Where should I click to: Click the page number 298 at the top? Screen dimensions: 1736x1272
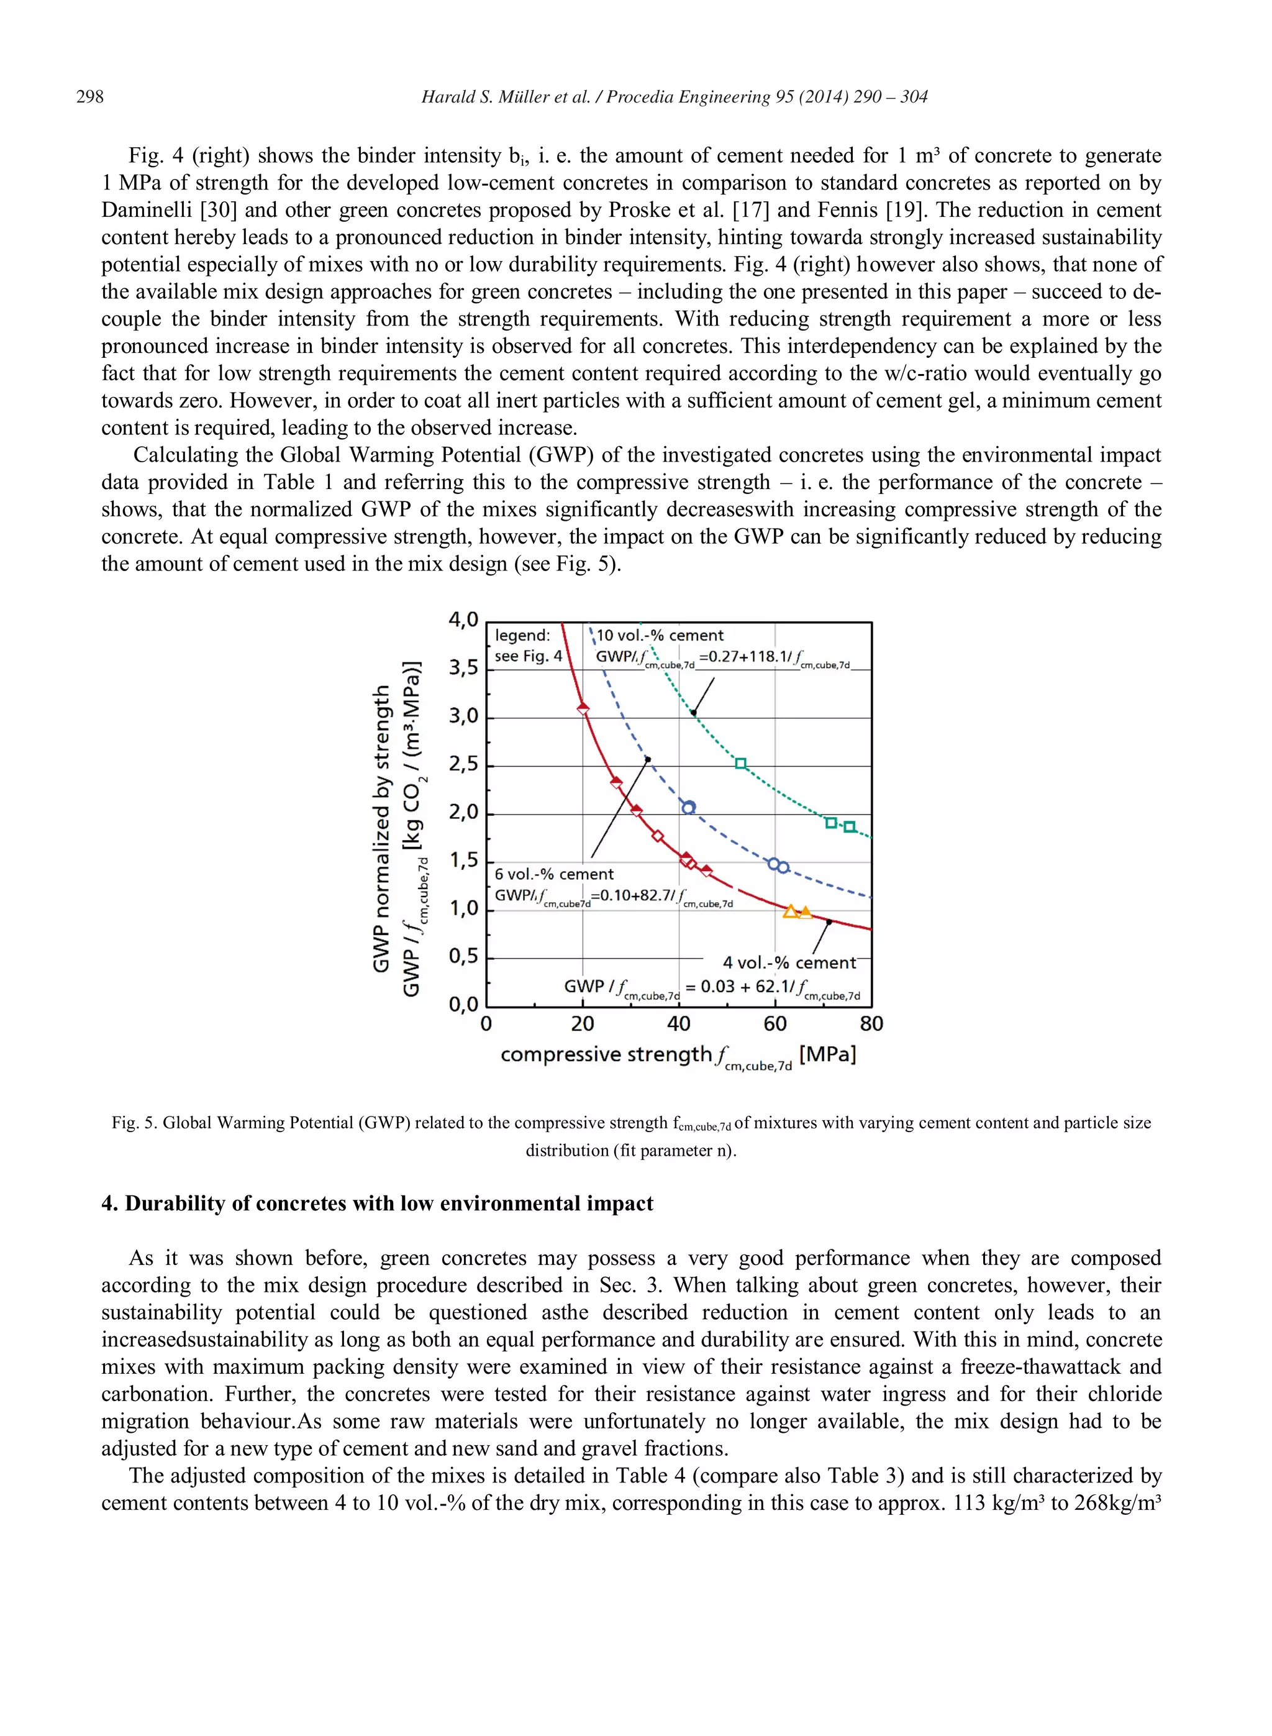click(x=89, y=97)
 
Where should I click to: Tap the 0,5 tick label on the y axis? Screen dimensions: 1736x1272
click(x=463, y=957)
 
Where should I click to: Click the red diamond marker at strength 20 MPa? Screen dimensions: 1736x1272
click(x=583, y=708)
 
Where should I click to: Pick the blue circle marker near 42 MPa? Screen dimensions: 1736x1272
click(x=688, y=807)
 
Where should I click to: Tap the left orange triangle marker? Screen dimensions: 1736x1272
click(x=790, y=912)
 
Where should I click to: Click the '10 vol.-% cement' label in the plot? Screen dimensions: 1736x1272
click(x=660, y=636)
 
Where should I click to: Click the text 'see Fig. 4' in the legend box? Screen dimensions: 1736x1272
click(x=527, y=656)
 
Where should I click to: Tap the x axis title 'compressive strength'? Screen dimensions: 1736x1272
click(x=605, y=1054)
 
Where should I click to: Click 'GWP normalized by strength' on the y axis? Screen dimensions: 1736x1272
click(x=381, y=828)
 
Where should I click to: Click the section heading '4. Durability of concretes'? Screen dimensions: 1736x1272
click(x=376, y=1203)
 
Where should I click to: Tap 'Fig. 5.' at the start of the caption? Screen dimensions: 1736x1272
click(x=134, y=1123)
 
